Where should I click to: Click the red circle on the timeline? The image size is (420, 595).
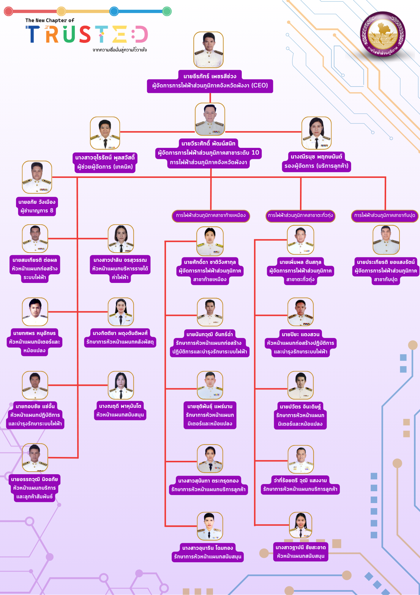tap(8, 11)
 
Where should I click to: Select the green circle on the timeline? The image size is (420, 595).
tap(167, 11)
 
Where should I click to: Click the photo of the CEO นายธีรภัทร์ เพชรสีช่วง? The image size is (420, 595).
tap(209, 50)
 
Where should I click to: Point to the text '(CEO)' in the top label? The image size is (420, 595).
tap(260, 85)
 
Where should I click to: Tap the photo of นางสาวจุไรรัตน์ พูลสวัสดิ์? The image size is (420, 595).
tap(105, 133)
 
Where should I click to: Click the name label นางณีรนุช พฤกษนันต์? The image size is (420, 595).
tap(316, 156)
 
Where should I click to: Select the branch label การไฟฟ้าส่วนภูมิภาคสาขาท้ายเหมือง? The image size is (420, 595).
tap(211, 215)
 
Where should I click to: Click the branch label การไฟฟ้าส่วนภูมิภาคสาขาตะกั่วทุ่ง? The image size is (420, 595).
tap(300, 215)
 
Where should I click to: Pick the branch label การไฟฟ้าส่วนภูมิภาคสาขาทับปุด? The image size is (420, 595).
tap(385, 215)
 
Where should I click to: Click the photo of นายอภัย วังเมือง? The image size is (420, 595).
tap(37, 177)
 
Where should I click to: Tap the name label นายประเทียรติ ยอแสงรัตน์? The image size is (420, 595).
tap(386, 262)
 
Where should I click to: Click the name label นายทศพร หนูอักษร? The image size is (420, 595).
tap(34, 333)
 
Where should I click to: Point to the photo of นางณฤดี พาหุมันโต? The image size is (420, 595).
tap(121, 385)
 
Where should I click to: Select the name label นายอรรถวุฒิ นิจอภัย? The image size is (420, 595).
tap(34, 479)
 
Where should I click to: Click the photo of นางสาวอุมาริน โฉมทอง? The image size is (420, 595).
tap(210, 526)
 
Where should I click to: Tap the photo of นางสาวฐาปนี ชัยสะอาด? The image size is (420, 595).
tap(301, 526)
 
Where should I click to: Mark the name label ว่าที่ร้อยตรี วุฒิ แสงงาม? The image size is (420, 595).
tap(300, 480)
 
